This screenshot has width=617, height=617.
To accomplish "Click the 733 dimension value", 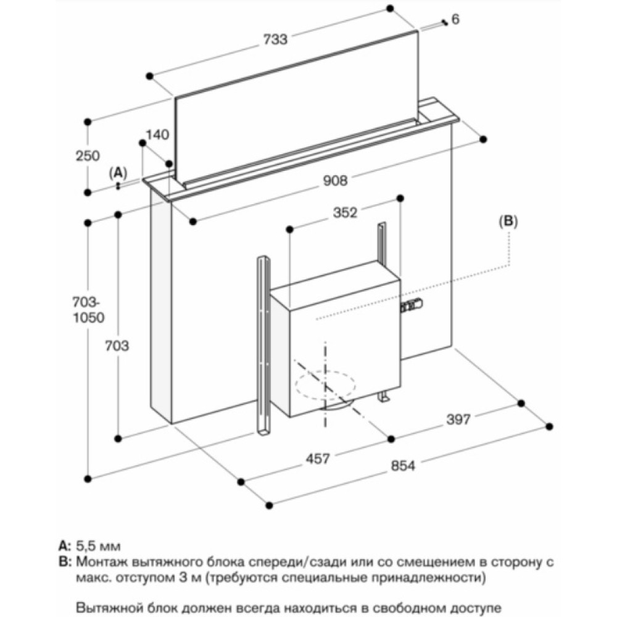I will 275,39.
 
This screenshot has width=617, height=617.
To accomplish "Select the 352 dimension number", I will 345,213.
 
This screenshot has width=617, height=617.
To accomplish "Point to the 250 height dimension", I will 88,156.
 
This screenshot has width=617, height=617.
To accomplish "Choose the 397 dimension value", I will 458,420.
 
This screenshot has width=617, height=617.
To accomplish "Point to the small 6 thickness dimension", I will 455,20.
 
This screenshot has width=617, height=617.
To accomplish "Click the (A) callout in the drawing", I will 118,172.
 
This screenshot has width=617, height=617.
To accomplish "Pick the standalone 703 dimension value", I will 117,346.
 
